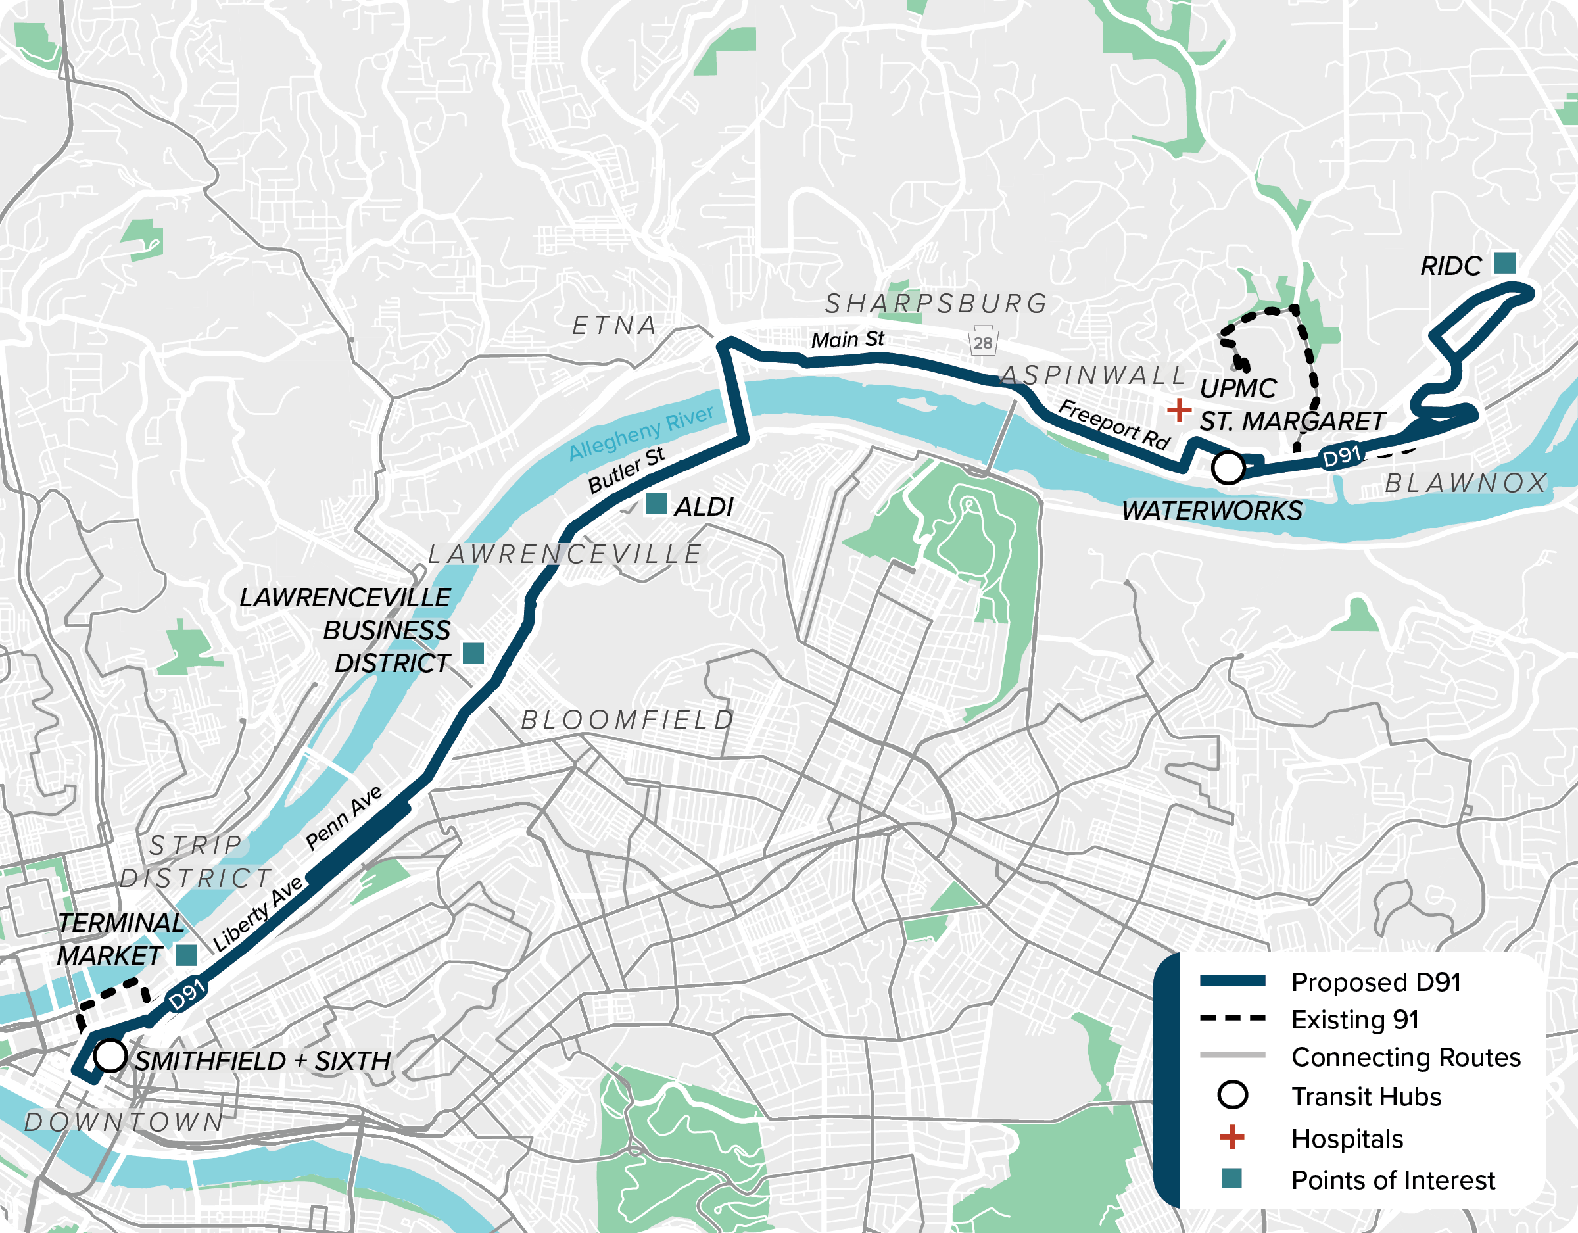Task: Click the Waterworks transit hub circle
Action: pos(1228,468)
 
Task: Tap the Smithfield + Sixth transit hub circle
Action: pos(110,1055)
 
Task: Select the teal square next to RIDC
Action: pos(1504,262)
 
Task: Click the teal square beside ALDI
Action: pos(656,504)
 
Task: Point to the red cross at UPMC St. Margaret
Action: pos(1178,410)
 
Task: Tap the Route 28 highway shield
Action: pos(983,343)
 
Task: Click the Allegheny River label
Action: pos(641,432)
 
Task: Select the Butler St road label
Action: pos(626,470)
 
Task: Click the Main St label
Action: pos(848,339)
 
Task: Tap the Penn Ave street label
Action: pos(343,818)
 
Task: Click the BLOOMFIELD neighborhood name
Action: pos(627,720)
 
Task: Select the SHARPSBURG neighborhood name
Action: pos(936,304)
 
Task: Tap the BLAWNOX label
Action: pos(1466,483)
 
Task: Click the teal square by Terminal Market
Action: pos(187,955)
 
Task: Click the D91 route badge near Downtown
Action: pos(187,995)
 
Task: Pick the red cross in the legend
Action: pos(1232,1137)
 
